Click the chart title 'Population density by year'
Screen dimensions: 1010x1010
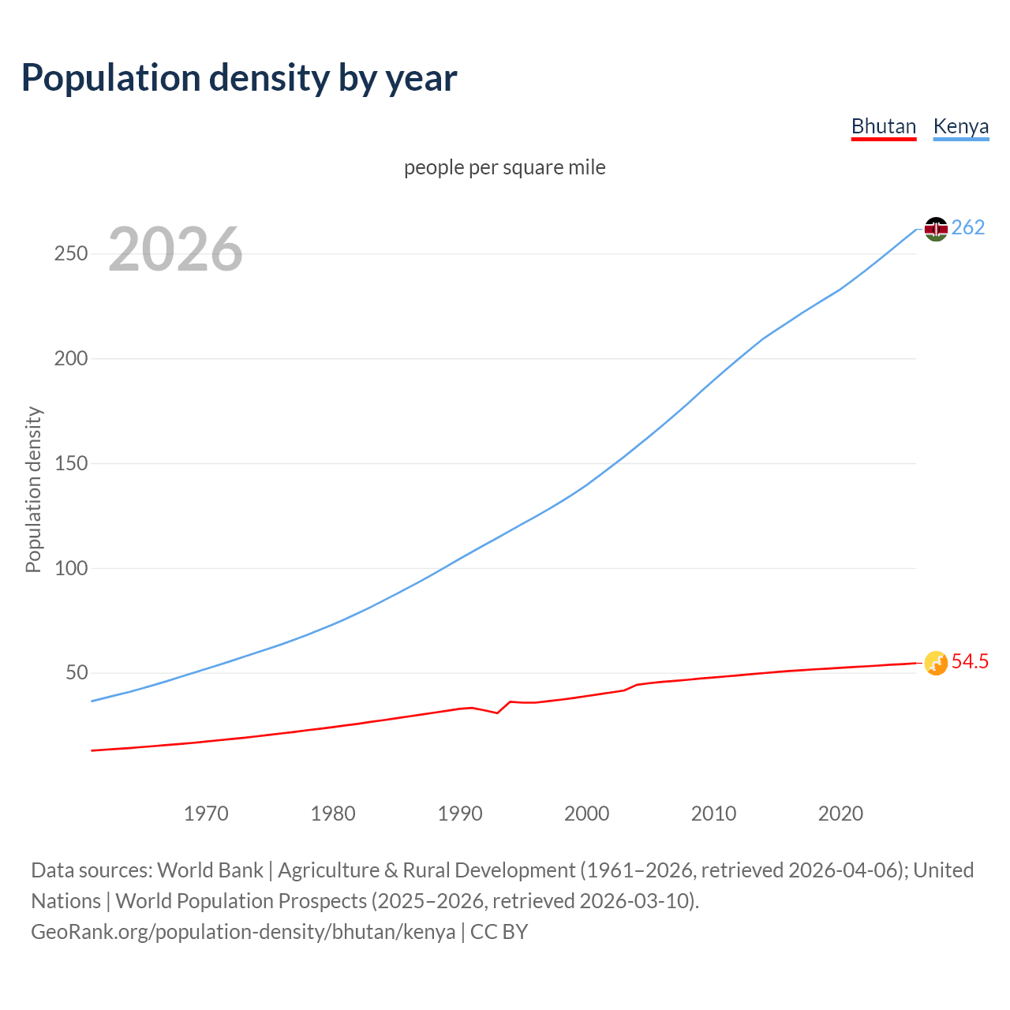tap(239, 78)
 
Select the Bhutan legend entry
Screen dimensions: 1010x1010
tap(883, 127)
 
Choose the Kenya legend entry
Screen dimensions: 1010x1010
tap(960, 127)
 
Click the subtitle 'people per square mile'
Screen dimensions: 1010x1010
tap(504, 168)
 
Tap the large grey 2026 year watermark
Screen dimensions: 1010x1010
tap(175, 249)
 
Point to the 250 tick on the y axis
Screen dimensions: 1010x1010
tap(71, 254)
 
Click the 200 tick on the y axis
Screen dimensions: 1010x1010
tap(71, 359)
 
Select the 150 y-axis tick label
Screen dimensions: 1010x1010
tap(71, 464)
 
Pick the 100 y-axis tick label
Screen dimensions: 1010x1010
tap(71, 568)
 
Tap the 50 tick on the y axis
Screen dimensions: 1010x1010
tap(77, 673)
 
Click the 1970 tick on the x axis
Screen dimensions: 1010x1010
tap(206, 814)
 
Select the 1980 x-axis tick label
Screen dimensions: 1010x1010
tap(333, 814)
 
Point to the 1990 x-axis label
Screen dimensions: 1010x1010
tap(460, 814)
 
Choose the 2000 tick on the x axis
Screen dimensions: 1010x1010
tap(586, 814)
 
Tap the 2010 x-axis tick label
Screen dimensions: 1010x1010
tap(713, 814)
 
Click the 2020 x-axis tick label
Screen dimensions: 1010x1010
tap(840, 814)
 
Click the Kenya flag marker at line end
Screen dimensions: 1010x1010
tap(936, 229)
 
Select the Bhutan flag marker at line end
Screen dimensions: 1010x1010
tap(936, 663)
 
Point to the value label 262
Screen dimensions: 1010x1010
tap(968, 228)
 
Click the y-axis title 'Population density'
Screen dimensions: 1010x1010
tap(33, 489)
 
